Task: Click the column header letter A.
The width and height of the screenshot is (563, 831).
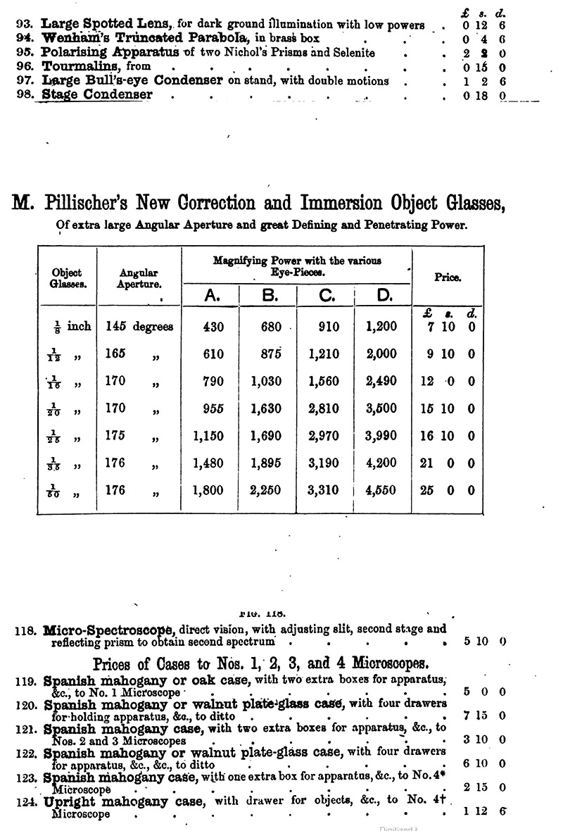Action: click(211, 296)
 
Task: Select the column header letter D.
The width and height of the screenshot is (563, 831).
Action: click(384, 296)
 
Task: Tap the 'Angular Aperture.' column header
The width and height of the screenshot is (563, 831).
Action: click(139, 278)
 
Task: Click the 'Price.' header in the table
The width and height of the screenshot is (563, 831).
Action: click(448, 277)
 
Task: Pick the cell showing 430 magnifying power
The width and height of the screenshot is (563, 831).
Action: click(213, 327)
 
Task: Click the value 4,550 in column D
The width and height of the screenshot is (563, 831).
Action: click(381, 491)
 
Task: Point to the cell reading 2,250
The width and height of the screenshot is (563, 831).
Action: click(267, 491)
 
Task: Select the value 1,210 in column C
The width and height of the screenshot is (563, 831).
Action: click(324, 354)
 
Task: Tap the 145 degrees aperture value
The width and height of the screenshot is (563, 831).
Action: click(139, 327)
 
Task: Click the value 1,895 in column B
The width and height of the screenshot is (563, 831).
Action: click(267, 463)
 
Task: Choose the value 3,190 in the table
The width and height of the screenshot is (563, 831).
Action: click(324, 463)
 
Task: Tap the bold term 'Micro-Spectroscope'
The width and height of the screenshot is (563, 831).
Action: click(109, 629)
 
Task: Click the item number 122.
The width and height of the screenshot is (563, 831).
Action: click(26, 753)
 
